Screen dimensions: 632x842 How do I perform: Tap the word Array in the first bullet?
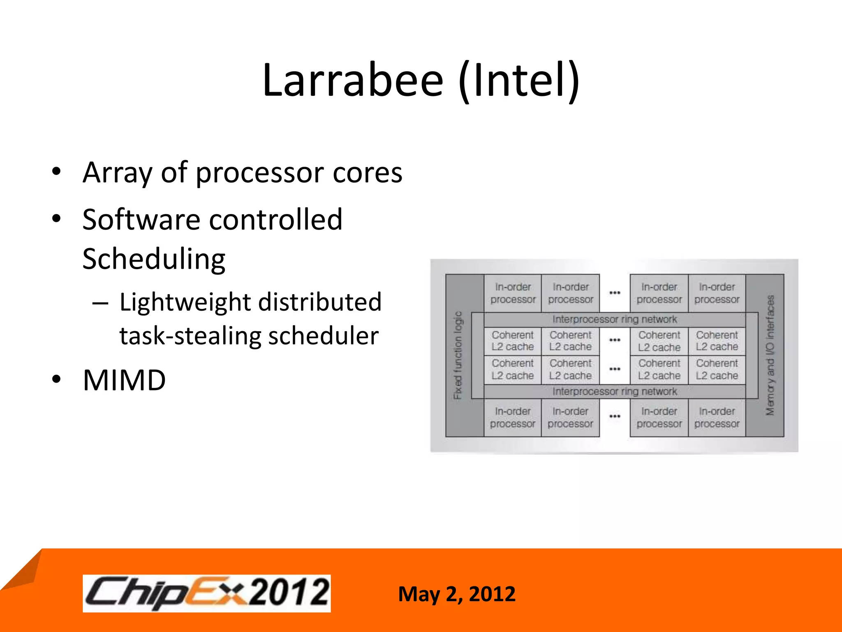[118, 173]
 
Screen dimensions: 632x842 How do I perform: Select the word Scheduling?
[154, 259]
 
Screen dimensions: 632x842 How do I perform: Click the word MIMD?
[124, 380]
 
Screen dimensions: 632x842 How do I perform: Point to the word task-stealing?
[190, 336]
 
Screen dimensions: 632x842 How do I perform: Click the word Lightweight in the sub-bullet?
[185, 302]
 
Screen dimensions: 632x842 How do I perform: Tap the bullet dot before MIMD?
[56, 379]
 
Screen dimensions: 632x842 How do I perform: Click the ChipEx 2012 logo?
[206, 593]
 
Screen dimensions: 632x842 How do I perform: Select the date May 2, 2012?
[456, 594]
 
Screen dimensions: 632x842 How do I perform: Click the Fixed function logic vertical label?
[458, 355]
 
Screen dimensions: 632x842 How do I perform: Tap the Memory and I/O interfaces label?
[770, 355]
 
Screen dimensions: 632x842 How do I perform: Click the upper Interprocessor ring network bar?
[614, 319]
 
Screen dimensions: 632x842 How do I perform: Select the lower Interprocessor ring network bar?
[614, 391]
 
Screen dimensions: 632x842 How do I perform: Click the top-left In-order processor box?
[513, 293]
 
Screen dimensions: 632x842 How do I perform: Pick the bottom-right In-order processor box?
[717, 417]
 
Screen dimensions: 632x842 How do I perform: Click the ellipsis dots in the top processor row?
[615, 293]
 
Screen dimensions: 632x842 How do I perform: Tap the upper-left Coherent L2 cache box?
[513, 341]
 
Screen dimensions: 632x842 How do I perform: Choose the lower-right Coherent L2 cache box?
[717, 369]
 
